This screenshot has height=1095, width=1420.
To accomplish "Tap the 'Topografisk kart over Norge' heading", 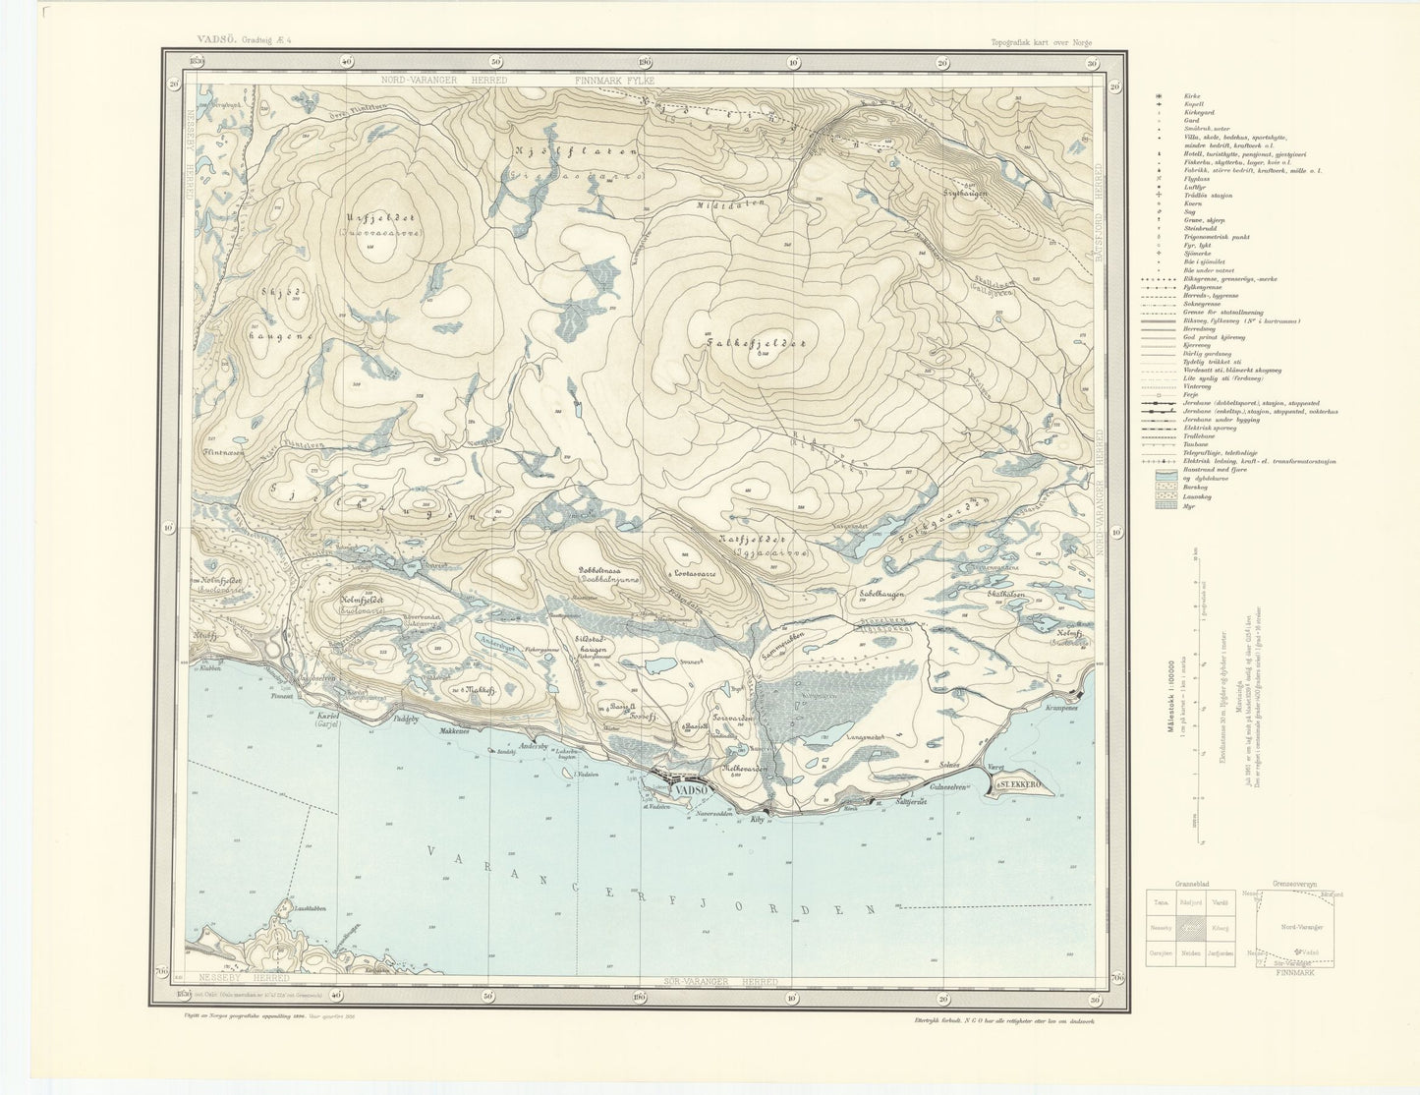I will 1042,42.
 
